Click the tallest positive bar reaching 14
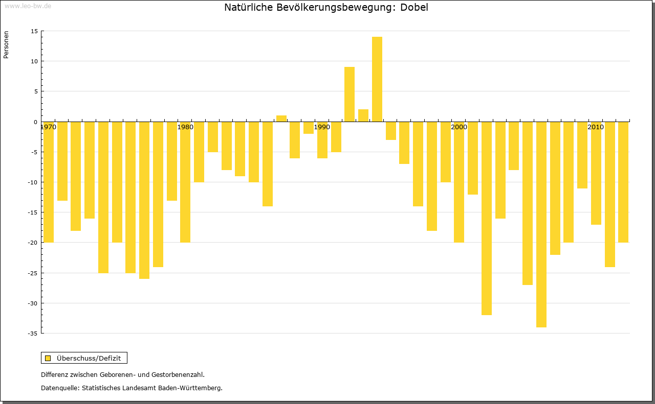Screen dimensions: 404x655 point(377,79)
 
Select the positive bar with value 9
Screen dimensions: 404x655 point(350,94)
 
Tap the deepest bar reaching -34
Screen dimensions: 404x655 point(541,225)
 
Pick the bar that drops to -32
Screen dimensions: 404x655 point(487,219)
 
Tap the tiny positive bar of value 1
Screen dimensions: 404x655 point(281,118)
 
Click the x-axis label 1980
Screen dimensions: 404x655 point(185,127)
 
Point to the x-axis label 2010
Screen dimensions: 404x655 point(596,127)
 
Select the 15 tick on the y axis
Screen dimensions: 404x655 point(34,31)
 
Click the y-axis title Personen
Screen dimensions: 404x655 point(6,45)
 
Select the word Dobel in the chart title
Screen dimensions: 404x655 point(414,8)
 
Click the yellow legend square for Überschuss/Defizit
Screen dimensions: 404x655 point(48,358)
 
